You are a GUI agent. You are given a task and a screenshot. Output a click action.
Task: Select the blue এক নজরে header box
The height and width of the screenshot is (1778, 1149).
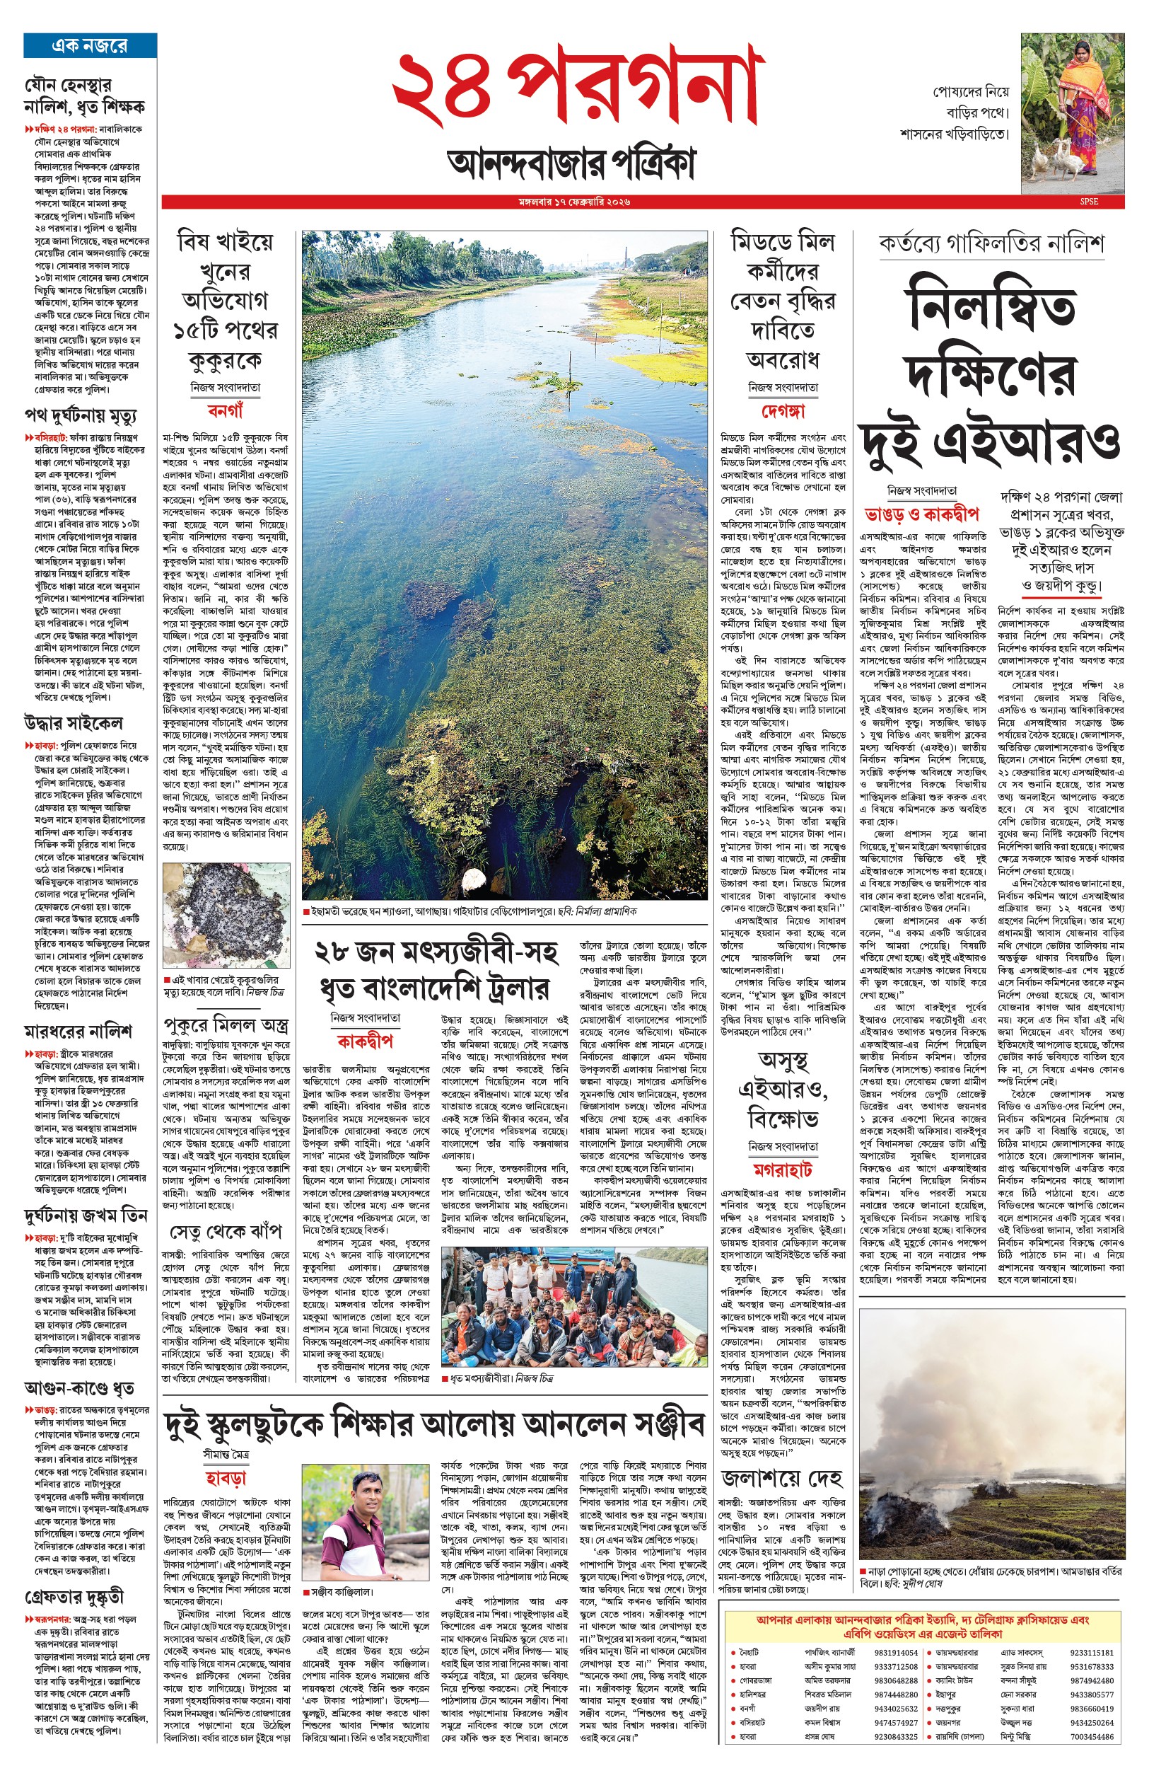point(90,45)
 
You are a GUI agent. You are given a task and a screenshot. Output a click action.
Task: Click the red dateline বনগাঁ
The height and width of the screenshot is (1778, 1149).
point(225,410)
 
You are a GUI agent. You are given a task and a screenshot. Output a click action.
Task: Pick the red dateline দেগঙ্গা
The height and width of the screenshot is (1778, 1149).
point(783,410)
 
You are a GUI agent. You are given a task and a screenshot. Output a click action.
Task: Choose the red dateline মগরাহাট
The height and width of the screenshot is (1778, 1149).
point(782,1169)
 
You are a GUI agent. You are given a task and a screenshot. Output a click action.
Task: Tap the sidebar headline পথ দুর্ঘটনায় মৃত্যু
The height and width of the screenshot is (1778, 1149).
point(80,415)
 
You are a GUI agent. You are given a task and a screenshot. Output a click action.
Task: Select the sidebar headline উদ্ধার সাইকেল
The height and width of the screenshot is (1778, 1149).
point(73,722)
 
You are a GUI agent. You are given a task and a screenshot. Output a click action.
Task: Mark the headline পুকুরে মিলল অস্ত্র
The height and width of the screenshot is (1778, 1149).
point(226,1023)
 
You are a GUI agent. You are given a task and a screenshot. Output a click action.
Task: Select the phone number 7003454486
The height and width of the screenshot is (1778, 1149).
point(1091,1736)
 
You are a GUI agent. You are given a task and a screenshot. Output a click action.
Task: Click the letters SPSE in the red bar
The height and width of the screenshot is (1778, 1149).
point(1089,202)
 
